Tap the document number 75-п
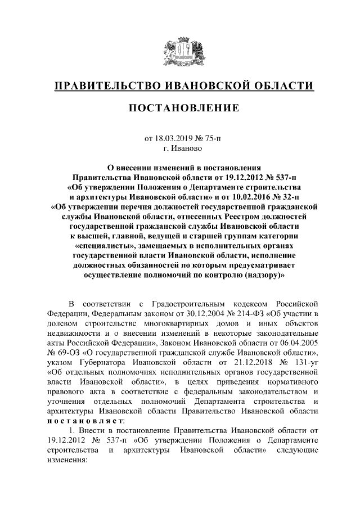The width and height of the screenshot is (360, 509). point(207,138)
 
